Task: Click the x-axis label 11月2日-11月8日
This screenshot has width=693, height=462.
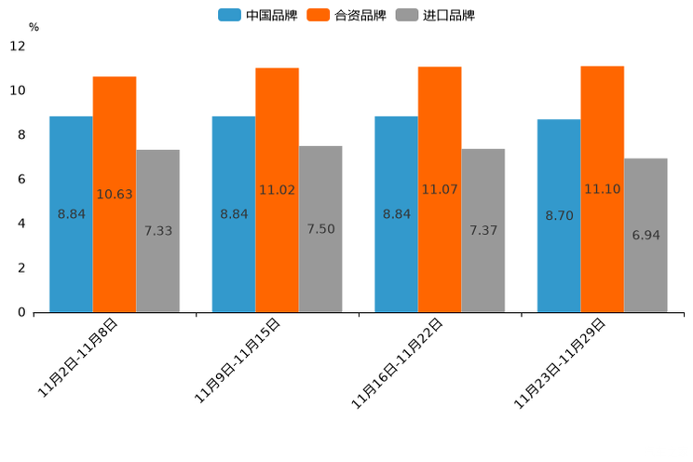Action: [78, 358]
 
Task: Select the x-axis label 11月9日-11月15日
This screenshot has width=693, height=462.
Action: [238, 360]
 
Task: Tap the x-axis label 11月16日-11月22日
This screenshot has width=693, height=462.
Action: [397, 363]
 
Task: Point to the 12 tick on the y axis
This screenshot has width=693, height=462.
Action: [18, 46]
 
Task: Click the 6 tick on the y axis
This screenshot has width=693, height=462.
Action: [21, 179]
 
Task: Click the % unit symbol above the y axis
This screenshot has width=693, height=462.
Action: [34, 27]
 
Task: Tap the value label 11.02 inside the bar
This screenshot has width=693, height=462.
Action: [277, 190]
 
